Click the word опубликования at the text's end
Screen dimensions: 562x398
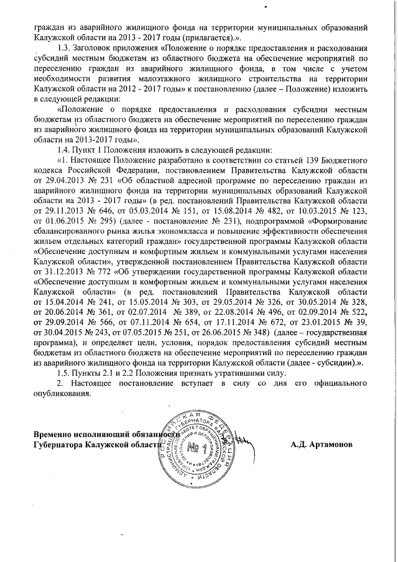62,392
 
